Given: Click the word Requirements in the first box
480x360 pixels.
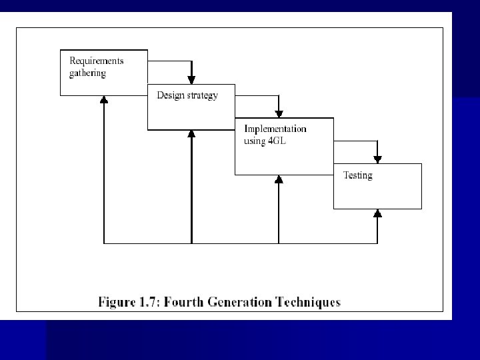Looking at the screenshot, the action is tap(97, 61).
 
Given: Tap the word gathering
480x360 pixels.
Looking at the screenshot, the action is tap(87, 73).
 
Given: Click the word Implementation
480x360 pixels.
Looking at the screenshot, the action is tap(275, 129).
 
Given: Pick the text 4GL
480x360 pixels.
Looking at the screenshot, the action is tap(277, 141).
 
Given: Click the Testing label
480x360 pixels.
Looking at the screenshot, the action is tap(357, 175).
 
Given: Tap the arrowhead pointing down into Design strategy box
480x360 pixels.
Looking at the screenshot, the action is tap(191, 80).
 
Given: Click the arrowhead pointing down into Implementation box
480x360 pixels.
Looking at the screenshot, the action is tap(279, 114).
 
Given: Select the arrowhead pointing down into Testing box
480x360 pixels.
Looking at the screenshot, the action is tap(377, 159).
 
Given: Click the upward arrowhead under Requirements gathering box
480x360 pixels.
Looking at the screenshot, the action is tap(104, 99).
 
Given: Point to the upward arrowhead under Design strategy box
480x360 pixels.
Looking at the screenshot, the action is tap(191, 134).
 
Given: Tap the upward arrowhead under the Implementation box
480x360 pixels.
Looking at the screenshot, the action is tap(279, 179).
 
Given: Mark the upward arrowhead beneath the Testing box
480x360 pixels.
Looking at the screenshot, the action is tap(377, 213).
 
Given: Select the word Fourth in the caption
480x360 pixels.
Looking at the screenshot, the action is tap(184, 302).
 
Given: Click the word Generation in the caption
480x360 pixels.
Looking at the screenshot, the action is tap(240, 302).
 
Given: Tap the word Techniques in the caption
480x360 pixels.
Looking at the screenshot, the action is tap(308, 303).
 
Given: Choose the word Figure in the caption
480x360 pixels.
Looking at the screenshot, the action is tap(117, 303).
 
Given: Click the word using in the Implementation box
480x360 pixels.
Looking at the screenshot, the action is tap(255, 141).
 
